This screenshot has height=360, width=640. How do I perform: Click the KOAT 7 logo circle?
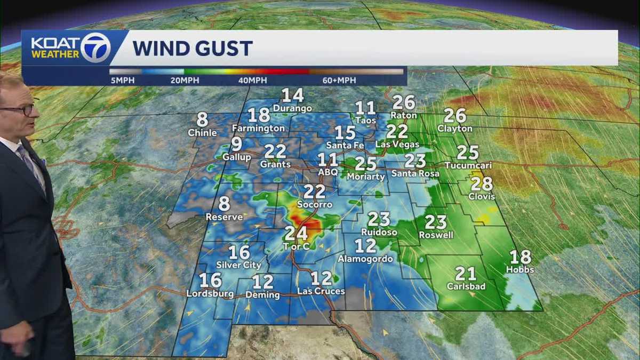(95, 48)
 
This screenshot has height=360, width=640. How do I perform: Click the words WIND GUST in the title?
(192, 49)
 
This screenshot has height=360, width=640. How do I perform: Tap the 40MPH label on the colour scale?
(252, 80)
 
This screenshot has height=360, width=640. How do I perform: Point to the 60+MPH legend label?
(340, 80)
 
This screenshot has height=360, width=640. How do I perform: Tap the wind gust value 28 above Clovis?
(482, 184)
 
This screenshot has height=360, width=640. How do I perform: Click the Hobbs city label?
(520, 270)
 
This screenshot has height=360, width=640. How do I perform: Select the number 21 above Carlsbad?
(466, 274)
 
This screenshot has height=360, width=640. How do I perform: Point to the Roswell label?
(436, 235)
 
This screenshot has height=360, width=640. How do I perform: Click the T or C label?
(295, 246)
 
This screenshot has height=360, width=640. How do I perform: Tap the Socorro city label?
(315, 205)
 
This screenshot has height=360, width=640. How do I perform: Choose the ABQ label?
(327, 172)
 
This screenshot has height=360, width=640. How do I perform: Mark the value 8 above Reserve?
(224, 204)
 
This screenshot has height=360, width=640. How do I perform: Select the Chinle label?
(202, 133)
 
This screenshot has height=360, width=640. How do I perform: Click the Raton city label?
(403, 115)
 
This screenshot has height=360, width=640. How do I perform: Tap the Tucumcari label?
(468, 166)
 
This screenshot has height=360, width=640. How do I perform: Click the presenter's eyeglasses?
(19, 109)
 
